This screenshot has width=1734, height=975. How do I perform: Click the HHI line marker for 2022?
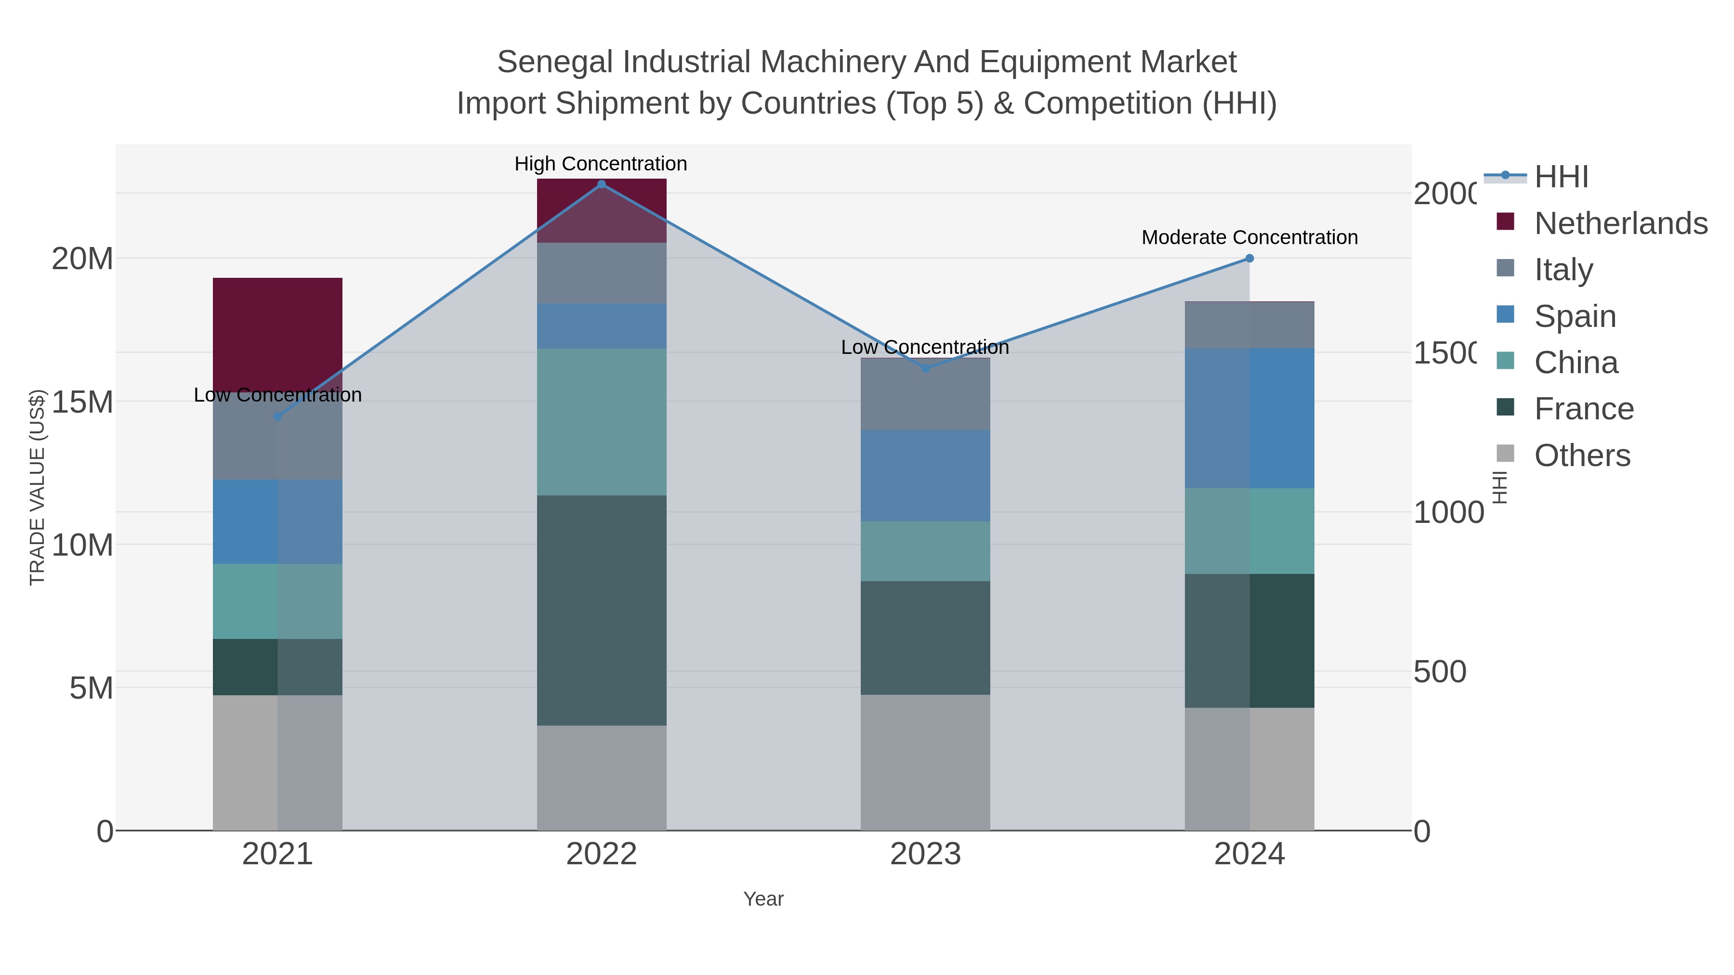point(601,184)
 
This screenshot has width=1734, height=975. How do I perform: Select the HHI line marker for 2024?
point(1249,259)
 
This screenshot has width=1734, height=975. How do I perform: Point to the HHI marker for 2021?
point(277,416)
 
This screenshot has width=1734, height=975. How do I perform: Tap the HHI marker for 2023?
point(926,368)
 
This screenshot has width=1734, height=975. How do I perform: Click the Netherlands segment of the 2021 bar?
point(277,330)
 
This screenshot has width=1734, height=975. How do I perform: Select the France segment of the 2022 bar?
point(601,611)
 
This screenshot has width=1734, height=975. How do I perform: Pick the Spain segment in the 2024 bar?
point(1249,418)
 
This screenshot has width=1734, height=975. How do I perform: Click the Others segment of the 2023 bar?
point(926,762)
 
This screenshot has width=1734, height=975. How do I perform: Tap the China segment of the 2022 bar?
point(601,422)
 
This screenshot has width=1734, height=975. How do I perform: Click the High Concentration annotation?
point(601,164)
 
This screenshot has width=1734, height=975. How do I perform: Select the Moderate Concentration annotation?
point(1249,237)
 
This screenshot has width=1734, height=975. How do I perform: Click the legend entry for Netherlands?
point(1620,223)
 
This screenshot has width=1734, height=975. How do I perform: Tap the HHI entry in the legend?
point(1561,177)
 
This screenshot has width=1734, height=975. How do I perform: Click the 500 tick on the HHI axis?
point(1439,672)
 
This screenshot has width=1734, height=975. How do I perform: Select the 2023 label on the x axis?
point(926,855)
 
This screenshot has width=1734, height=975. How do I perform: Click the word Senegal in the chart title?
point(555,62)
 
